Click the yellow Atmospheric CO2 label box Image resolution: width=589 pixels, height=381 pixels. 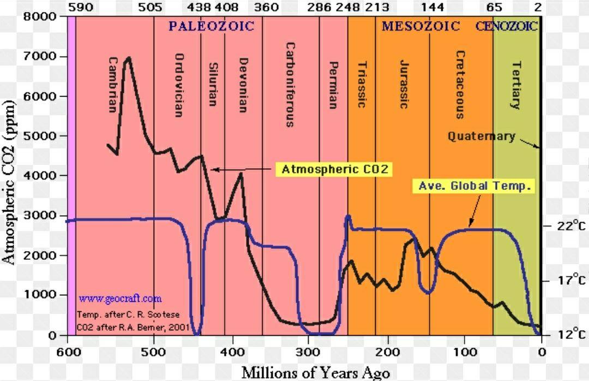(334, 169)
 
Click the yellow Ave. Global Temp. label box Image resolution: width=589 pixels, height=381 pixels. (474, 186)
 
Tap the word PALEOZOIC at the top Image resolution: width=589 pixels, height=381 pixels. (212, 26)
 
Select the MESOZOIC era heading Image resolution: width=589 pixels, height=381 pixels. (420, 26)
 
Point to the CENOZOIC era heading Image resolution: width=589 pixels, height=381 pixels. (506, 26)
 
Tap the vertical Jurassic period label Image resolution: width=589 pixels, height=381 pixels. (404, 84)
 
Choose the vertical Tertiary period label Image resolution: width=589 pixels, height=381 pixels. (516, 85)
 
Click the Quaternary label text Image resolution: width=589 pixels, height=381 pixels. (481, 136)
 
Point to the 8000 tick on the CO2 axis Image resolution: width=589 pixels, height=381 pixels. (39, 16)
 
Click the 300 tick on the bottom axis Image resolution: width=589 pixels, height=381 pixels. (308, 353)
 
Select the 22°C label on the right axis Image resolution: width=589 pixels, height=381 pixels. (572, 225)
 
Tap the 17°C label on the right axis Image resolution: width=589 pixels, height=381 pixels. (572, 280)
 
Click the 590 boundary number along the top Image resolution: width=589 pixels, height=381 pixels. (81, 7)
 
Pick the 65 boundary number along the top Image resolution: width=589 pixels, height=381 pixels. (494, 7)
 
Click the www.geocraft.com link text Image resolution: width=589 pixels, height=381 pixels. (120, 299)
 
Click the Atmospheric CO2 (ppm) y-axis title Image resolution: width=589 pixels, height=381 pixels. (8, 182)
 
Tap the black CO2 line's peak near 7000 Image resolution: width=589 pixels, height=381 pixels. (129, 57)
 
